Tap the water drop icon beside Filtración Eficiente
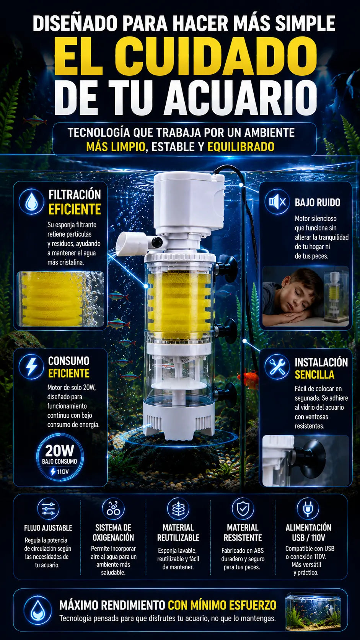[31, 201]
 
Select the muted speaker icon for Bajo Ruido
[277, 202]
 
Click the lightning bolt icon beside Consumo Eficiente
[31, 367]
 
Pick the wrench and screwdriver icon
[277, 367]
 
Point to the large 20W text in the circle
[60, 451]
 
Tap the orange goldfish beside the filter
[248, 378]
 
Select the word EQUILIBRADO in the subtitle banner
[241, 147]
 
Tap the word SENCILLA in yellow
[314, 375]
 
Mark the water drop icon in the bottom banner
[37, 610]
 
